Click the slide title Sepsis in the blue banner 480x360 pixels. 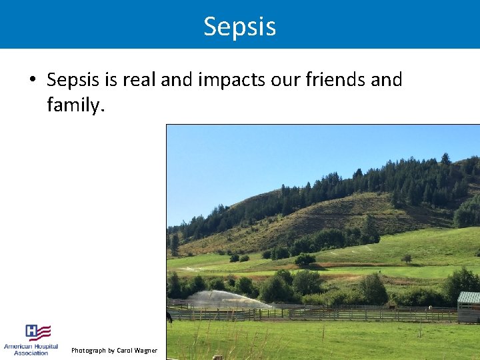[239, 27]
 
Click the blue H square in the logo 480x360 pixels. [31, 331]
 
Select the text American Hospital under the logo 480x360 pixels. [31, 347]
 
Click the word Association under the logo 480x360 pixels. [31, 353]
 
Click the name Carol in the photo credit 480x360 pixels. [125, 351]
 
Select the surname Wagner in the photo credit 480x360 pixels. [147, 351]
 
